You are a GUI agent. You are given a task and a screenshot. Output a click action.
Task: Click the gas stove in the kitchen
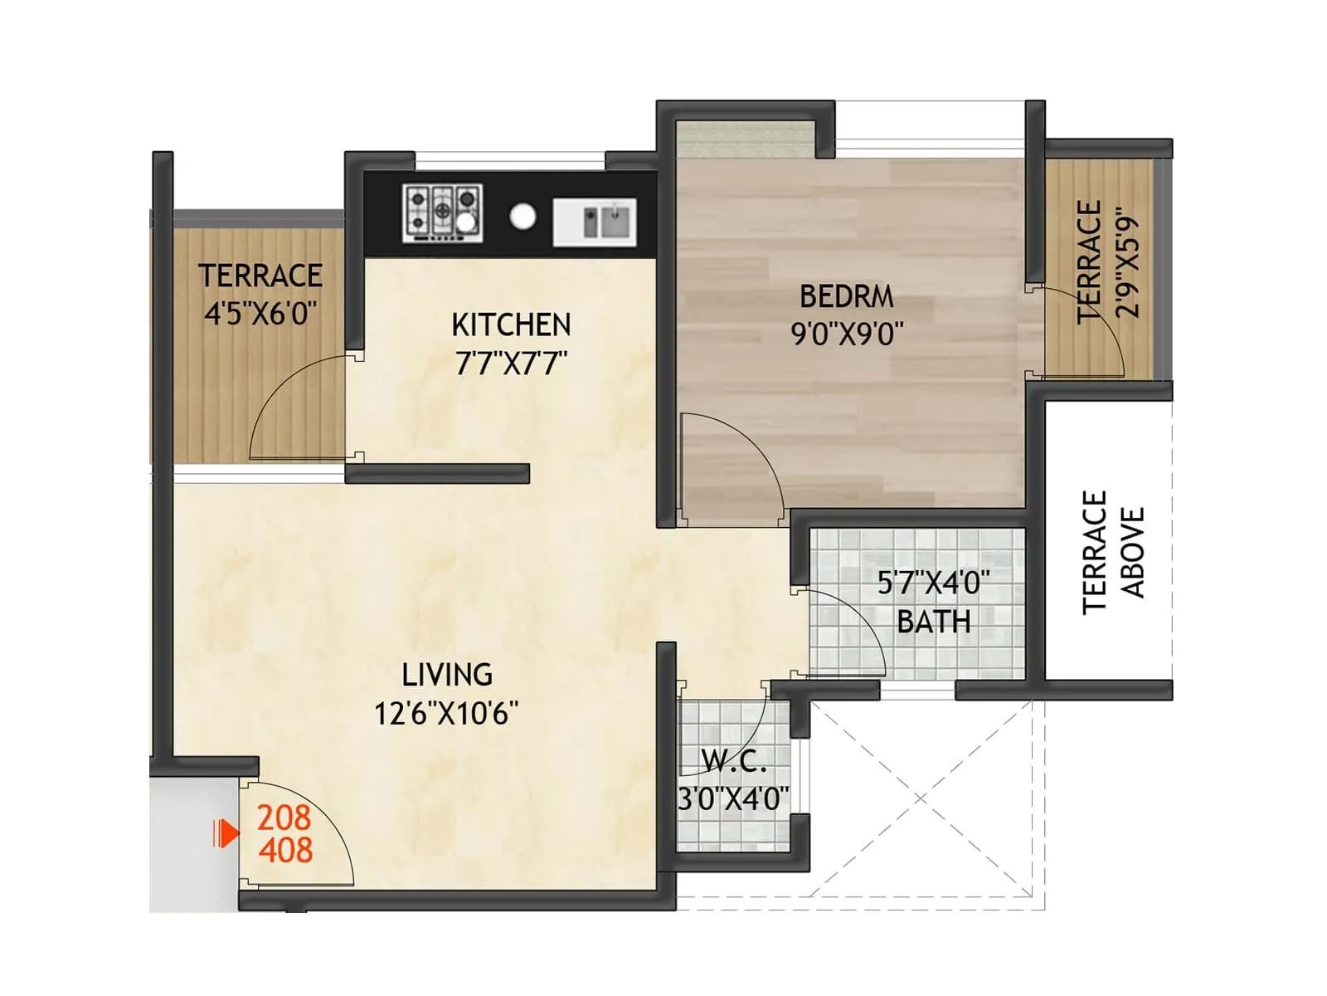click(x=443, y=213)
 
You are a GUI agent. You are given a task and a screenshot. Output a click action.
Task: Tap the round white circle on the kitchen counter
click(x=523, y=217)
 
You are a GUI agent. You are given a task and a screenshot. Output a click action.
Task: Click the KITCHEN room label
click(x=511, y=325)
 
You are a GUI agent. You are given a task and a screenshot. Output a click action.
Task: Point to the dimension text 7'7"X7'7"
click(x=511, y=364)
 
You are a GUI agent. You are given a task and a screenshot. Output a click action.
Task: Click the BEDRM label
click(x=846, y=296)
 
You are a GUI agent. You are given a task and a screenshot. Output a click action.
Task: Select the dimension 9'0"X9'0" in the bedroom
click(x=846, y=334)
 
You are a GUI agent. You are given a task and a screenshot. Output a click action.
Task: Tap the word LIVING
click(x=447, y=675)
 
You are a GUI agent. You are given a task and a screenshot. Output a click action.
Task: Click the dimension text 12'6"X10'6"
click(x=446, y=714)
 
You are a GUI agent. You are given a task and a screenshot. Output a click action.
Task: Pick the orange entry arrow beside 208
click(x=225, y=833)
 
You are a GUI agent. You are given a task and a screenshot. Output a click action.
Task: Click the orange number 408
click(x=285, y=851)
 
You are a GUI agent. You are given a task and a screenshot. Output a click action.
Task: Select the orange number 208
click(x=284, y=818)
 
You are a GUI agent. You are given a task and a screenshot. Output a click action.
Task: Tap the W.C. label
click(x=733, y=760)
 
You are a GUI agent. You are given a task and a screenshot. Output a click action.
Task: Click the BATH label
click(x=934, y=622)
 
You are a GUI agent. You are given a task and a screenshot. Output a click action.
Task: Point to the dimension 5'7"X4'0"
click(x=934, y=583)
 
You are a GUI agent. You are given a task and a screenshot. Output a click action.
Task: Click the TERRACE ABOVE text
click(x=1113, y=553)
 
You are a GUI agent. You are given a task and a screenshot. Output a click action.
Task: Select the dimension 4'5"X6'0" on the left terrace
click(x=260, y=314)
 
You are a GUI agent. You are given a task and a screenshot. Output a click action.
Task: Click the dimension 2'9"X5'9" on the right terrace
click(x=1129, y=261)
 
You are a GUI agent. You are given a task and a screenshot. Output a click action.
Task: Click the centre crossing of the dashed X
click(x=921, y=799)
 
